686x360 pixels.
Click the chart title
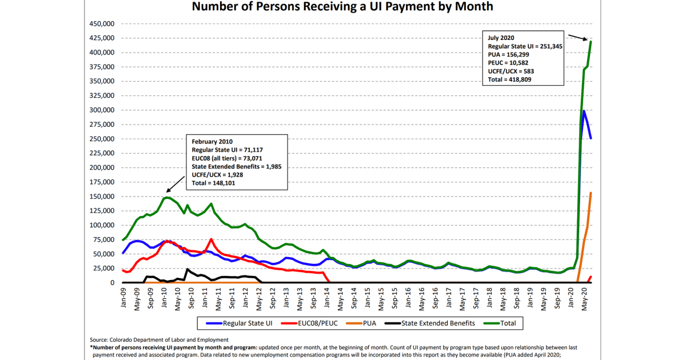342,6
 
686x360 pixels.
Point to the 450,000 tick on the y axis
102,24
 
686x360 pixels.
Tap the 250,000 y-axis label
102,139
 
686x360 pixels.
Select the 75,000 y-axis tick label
103,239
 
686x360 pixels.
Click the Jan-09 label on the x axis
123,298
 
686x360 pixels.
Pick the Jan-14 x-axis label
327,298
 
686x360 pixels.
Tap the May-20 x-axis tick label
584,299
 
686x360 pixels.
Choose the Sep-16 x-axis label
435,298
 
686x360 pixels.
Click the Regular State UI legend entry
239,323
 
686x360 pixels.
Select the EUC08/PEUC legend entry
309,323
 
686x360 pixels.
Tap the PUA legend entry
361,323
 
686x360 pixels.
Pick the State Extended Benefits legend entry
430,323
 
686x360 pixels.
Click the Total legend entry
500,323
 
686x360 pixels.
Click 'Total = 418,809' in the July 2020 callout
509,79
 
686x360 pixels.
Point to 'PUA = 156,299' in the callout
508,54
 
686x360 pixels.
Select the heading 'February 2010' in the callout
212,142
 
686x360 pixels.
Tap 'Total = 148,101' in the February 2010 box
213,183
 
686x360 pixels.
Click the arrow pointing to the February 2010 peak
176,184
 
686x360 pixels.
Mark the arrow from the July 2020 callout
578,38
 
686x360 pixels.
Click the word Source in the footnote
98,340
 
